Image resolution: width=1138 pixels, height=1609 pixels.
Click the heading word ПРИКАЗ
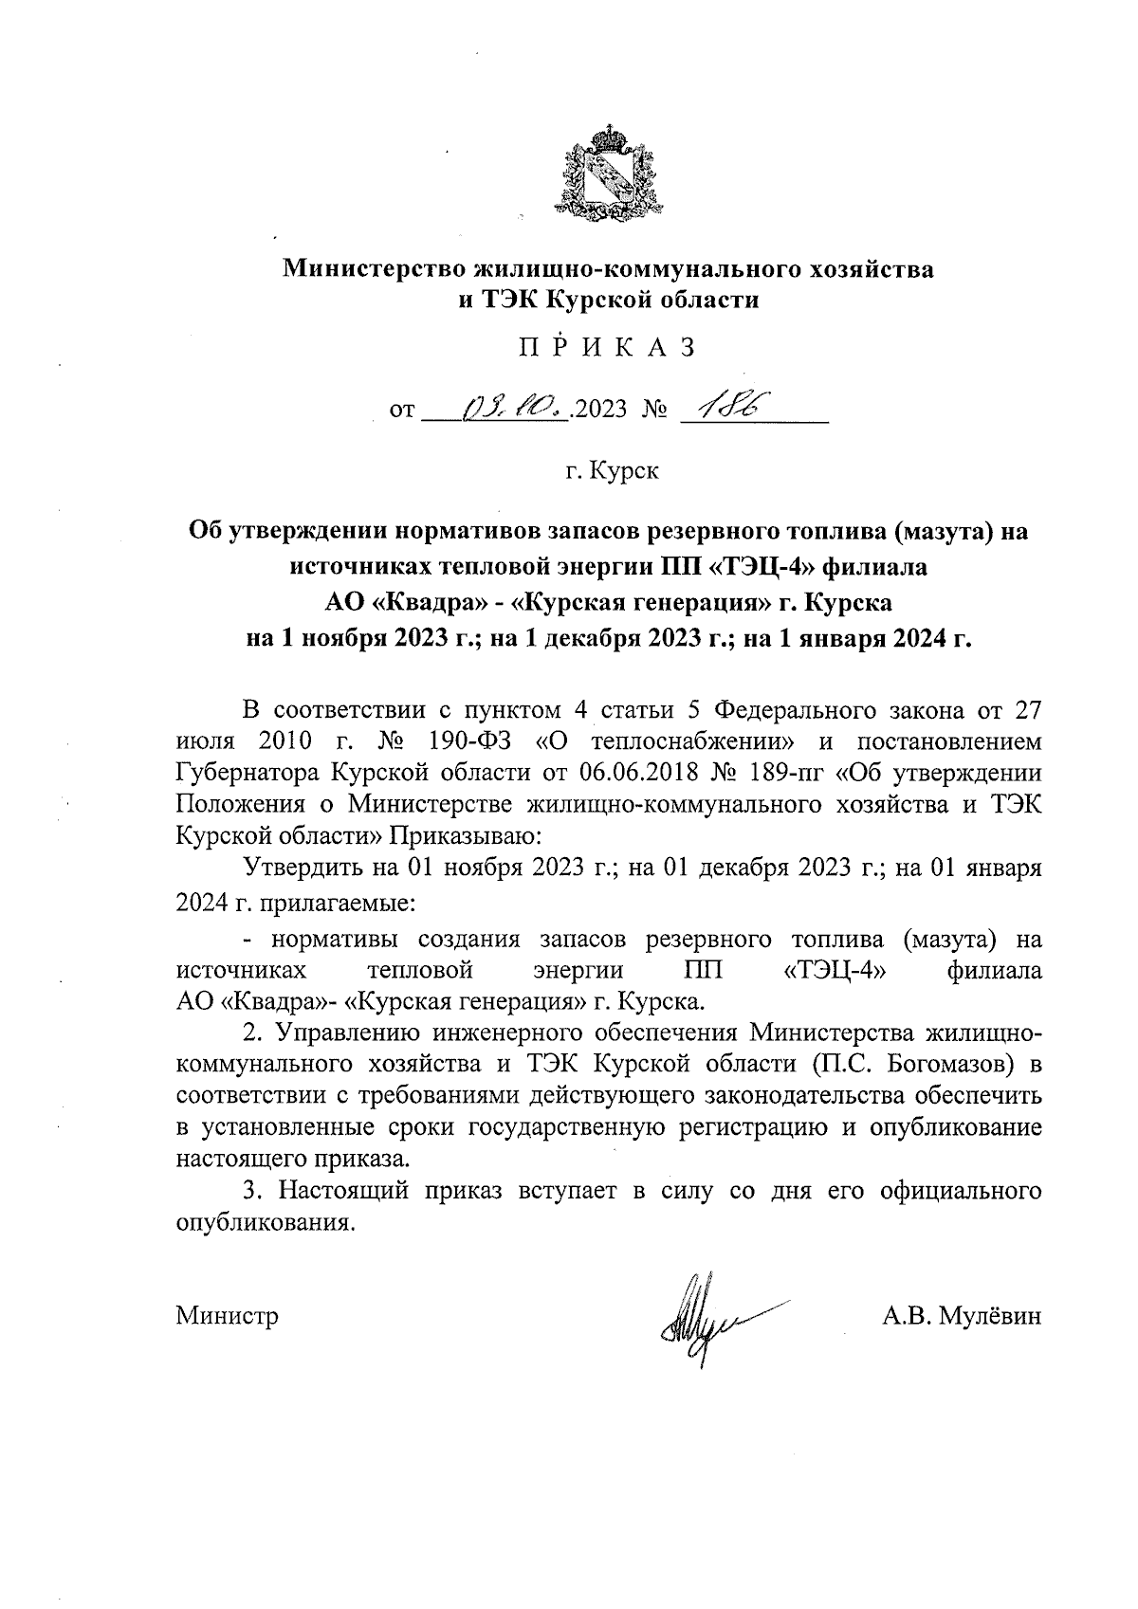(x=608, y=347)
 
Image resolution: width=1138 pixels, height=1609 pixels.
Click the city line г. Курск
(x=611, y=470)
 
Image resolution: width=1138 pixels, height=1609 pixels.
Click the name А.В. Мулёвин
(x=961, y=1316)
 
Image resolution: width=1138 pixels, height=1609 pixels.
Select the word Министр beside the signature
(x=228, y=1316)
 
